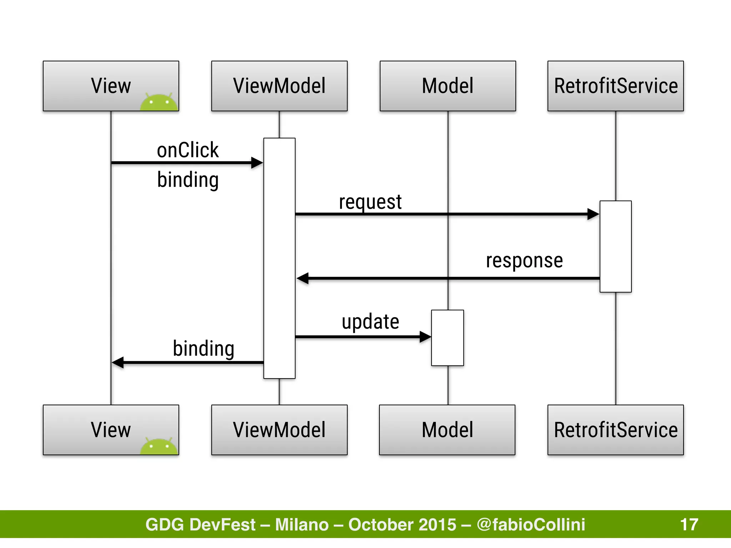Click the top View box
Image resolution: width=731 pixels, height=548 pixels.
click(x=111, y=86)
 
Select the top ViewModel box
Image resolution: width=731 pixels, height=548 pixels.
click(x=279, y=86)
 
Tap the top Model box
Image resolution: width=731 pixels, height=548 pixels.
click(x=448, y=86)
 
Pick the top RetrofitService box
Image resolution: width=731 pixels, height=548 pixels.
click(x=615, y=86)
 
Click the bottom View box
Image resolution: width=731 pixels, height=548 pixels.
click(x=111, y=430)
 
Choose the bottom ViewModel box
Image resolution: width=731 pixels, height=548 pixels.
click(x=279, y=430)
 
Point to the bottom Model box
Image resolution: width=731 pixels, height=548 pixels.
click(x=447, y=430)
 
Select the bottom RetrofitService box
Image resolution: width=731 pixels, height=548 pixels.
click(x=615, y=430)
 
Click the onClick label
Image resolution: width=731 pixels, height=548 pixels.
click(x=188, y=150)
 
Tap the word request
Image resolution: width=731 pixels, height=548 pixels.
click(x=370, y=202)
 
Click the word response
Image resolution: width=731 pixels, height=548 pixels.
click(x=524, y=260)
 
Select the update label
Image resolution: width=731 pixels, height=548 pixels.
click(x=370, y=322)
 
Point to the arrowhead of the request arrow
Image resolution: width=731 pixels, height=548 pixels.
click(x=593, y=214)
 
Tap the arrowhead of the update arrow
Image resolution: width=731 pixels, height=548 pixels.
click(x=425, y=336)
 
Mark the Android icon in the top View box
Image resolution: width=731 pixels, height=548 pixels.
click(x=159, y=102)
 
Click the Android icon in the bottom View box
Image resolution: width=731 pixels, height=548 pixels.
click(x=159, y=446)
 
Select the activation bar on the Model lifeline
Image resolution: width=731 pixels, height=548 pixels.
click(x=448, y=338)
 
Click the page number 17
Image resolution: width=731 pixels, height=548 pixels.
click(x=689, y=524)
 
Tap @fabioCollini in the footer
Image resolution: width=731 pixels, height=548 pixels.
click(x=531, y=524)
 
